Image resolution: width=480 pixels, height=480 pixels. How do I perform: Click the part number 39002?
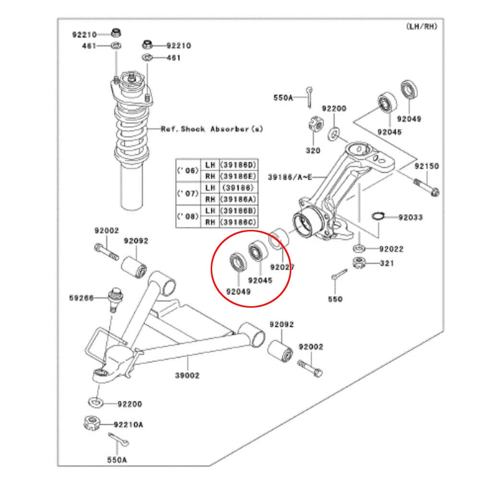tap(187, 375)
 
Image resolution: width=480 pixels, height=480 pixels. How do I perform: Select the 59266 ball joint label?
tap(82, 298)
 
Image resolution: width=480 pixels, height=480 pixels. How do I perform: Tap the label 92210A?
tap(128, 425)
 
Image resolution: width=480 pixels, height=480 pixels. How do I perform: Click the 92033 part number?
tap(410, 217)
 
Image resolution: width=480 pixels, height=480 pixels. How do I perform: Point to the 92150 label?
tap(427, 166)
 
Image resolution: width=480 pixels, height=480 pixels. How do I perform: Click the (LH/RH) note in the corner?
tap(422, 26)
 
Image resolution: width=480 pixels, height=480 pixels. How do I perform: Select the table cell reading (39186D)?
tap(238, 165)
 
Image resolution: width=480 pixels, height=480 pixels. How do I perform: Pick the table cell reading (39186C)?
tap(238, 222)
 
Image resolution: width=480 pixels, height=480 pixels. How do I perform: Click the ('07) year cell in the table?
tap(188, 193)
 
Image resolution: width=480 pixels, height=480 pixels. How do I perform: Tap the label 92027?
tap(282, 267)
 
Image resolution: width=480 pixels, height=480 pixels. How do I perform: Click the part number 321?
tap(387, 263)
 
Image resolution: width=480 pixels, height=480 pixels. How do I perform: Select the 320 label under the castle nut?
tap(313, 150)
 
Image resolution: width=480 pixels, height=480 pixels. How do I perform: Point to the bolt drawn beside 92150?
tap(426, 187)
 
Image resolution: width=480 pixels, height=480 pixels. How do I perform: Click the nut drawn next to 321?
tap(359, 263)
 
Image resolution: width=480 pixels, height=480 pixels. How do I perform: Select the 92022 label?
tap(391, 249)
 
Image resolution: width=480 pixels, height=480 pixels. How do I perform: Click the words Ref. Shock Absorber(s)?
tap(212, 129)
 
